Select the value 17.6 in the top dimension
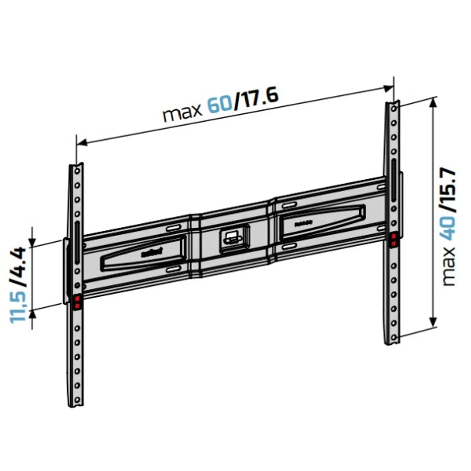click(257, 98)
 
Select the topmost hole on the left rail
click(77, 171)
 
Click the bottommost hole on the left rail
click(78, 400)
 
